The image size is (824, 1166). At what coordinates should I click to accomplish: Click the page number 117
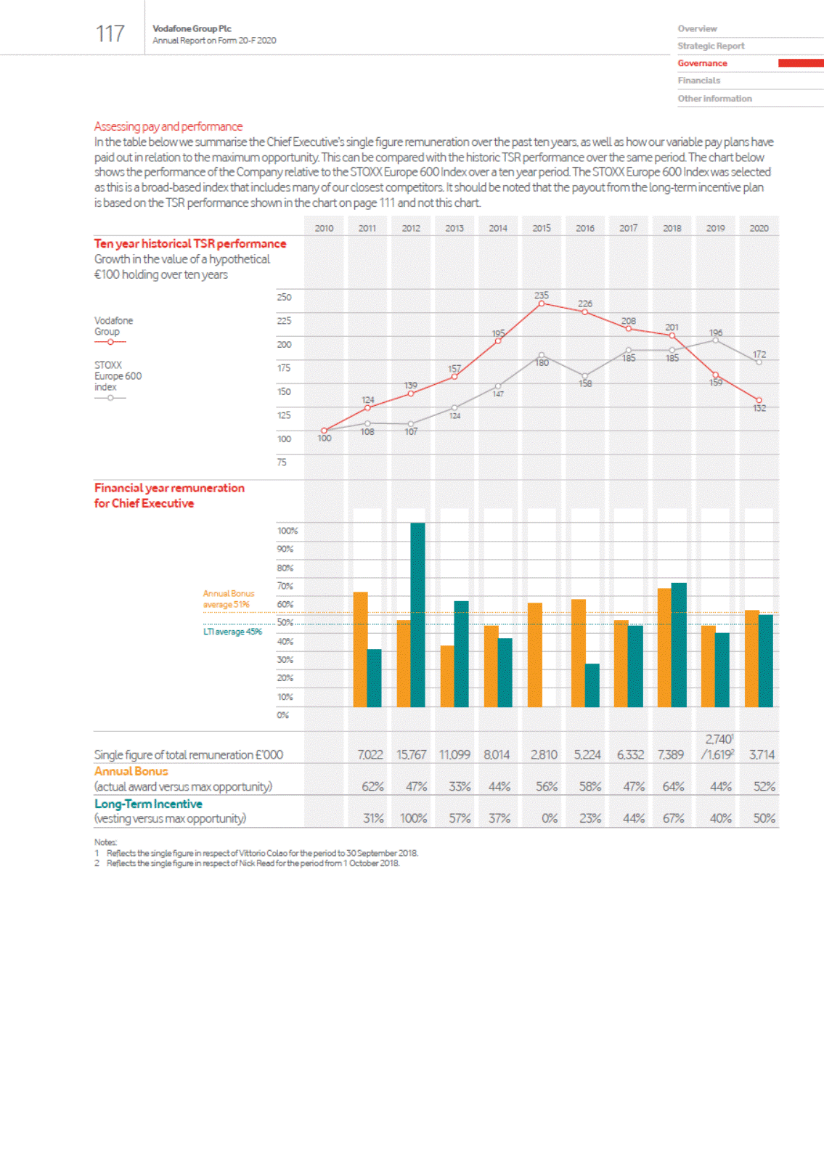(110, 33)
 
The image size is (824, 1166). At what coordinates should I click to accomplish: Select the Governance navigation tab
(702, 63)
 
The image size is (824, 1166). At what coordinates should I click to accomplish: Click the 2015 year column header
(542, 228)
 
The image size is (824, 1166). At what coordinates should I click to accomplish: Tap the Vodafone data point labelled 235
(542, 303)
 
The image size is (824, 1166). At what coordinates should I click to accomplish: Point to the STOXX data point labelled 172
(759, 362)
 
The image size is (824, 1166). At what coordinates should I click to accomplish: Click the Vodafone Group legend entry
(110, 331)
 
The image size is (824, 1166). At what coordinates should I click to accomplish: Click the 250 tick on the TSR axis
(284, 297)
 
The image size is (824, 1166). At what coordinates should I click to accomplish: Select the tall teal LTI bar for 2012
(417, 614)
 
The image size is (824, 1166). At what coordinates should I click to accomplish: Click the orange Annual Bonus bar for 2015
(535, 655)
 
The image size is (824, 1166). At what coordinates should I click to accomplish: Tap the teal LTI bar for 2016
(592, 685)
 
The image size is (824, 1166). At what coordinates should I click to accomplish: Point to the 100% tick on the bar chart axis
(287, 531)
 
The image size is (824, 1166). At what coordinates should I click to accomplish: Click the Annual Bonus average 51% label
(228, 599)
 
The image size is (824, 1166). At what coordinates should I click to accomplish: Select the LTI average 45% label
(232, 632)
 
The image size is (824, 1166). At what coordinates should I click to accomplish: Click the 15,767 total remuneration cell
(411, 755)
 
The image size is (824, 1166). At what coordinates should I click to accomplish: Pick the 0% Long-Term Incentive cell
(550, 818)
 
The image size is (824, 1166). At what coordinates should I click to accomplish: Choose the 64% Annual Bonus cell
(673, 786)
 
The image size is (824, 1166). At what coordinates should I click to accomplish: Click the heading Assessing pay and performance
(168, 126)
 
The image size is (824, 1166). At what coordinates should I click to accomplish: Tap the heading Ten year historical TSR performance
(190, 244)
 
